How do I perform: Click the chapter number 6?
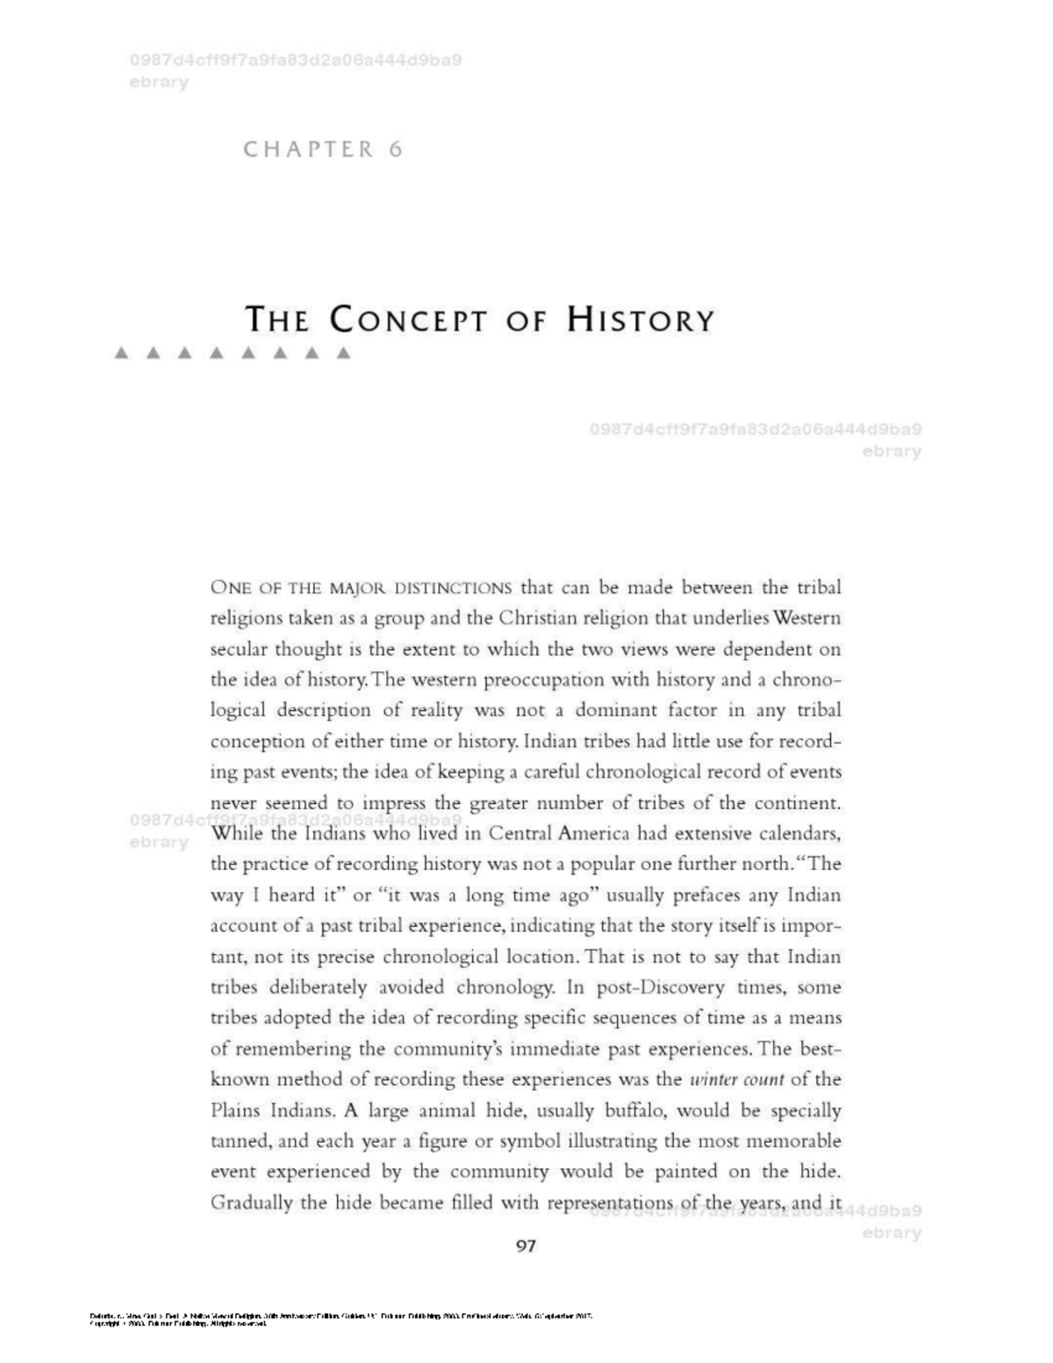click(x=396, y=149)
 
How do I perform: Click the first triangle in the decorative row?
click(x=122, y=355)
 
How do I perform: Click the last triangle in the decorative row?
click(x=344, y=355)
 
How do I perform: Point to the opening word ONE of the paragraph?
click(x=231, y=587)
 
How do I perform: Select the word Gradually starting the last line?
click(x=251, y=1202)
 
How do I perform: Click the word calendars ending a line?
click(x=798, y=833)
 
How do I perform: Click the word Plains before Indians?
click(x=235, y=1110)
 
